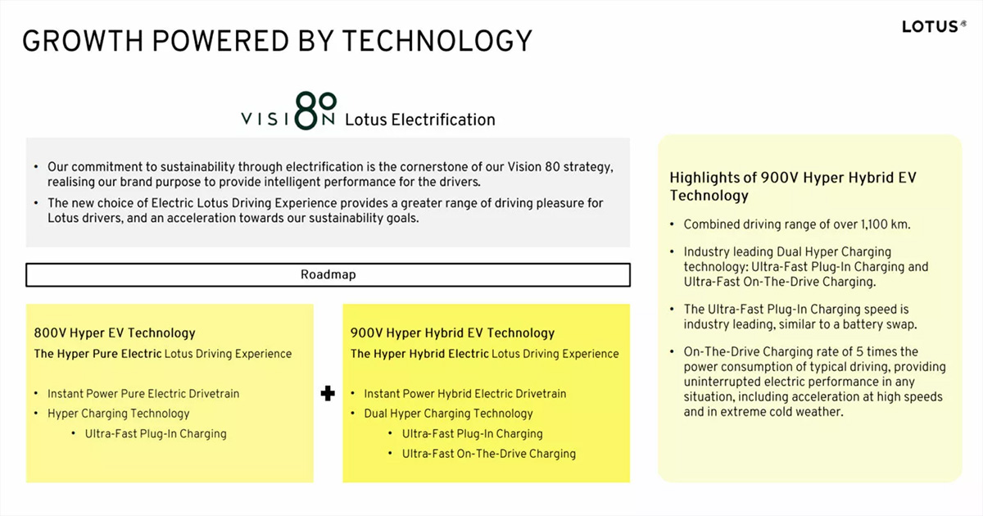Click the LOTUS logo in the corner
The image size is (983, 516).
coord(934,26)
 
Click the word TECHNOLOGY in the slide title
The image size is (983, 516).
coord(437,41)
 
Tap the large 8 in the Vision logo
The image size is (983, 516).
coord(306,111)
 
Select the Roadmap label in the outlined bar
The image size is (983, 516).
coord(328,274)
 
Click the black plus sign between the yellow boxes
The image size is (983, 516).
coord(328,393)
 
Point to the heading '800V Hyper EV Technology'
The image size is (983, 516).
coord(115,333)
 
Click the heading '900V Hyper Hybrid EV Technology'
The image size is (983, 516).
coord(452,333)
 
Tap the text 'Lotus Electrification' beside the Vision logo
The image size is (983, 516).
coord(420,120)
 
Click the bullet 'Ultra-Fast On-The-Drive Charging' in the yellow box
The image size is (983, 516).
coord(489,454)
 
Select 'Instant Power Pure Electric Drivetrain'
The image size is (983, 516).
coord(143,394)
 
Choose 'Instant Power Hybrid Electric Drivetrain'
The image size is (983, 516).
coord(465,394)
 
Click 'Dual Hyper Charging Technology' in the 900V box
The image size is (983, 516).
coord(449,414)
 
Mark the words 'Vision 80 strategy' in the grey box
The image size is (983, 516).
coord(560,167)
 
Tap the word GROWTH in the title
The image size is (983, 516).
coord(83,41)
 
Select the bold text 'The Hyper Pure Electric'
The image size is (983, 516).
coord(97,354)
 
